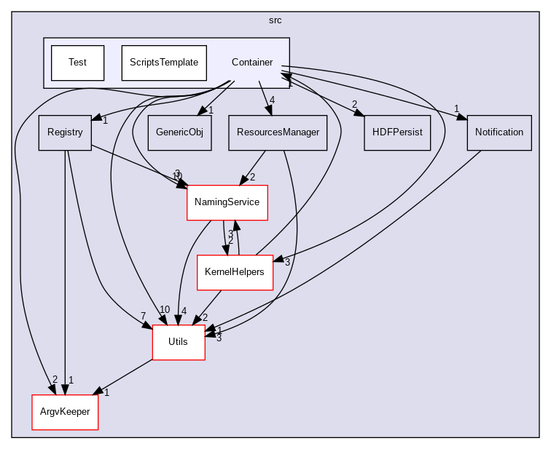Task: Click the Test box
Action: pos(77,63)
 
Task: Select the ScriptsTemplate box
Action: pos(164,63)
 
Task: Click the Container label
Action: pos(251,63)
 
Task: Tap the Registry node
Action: pos(65,132)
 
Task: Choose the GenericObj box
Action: pos(179,132)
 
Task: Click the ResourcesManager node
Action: pos(278,132)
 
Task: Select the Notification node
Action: pos(499,132)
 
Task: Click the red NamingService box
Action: pos(227,202)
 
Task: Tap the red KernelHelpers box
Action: pos(235,272)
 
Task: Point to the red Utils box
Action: pos(179,342)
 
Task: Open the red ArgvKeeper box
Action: pos(65,412)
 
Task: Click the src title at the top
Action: pos(275,20)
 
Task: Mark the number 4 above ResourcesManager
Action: pos(272,100)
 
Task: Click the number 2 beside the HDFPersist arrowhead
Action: pos(354,104)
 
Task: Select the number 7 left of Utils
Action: pos(144,315)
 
